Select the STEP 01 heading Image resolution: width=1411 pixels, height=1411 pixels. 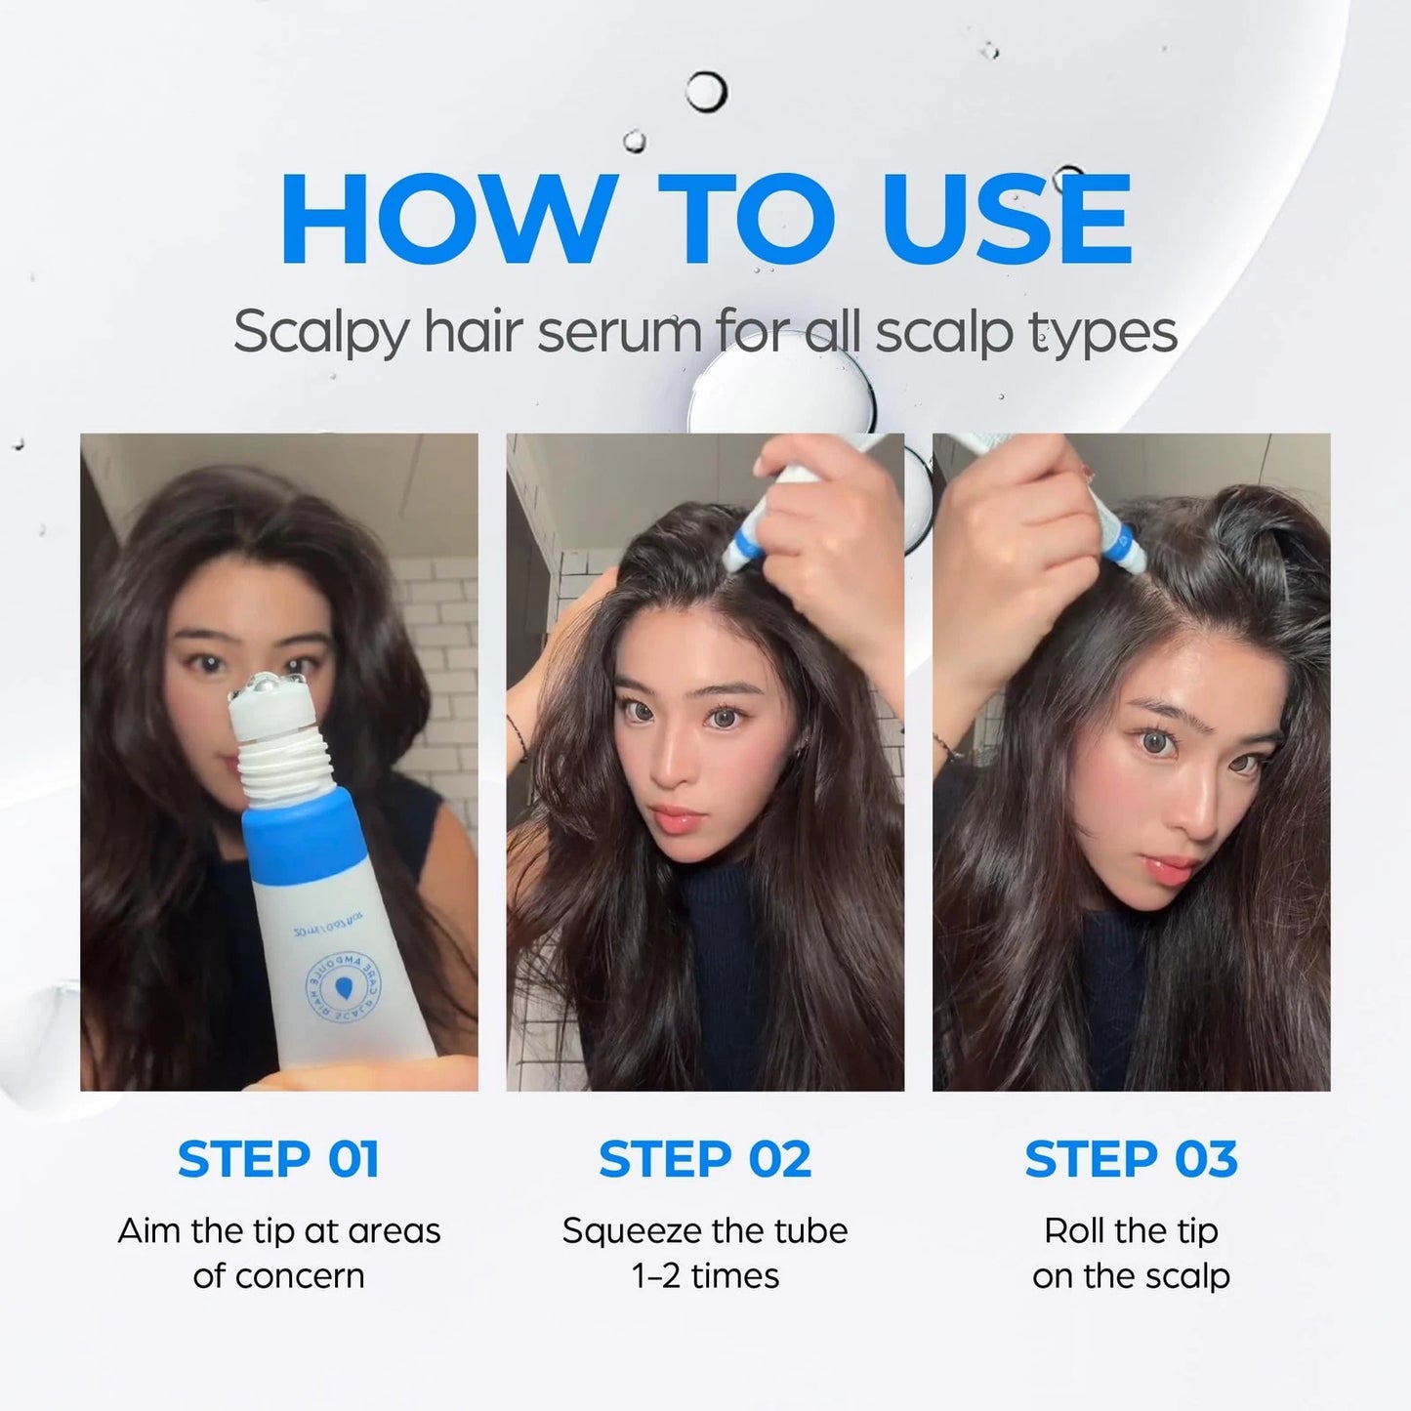coord(278,1159)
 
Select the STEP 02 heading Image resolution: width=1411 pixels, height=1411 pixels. coord(705,1159)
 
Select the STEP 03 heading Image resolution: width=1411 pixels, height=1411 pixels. coord(1131,1159)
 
